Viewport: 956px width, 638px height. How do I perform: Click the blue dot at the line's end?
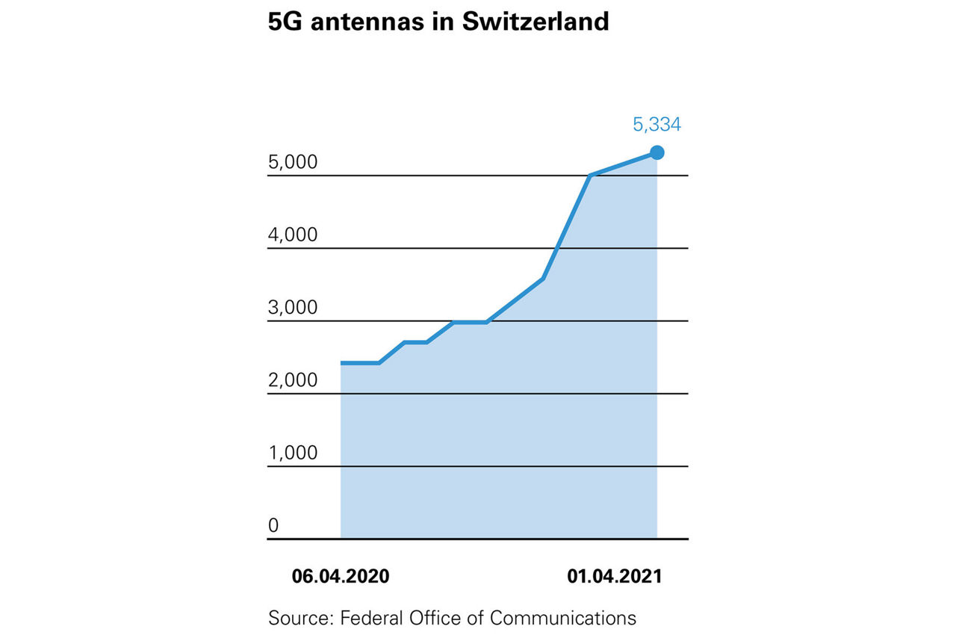pos(657,152)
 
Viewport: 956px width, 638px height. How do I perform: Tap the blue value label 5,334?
pos(657,125)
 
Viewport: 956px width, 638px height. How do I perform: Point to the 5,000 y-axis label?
pos(293,162)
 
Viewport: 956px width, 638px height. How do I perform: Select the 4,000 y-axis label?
pos(293,235)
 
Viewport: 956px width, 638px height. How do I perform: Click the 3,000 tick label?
pos(293,308)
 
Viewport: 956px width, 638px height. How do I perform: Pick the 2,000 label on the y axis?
pos(293,380)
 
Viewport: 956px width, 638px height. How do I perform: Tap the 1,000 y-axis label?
pos(293,453)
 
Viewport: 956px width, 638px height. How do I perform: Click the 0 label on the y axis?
pos(273,525)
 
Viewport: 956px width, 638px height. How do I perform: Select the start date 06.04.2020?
pos(341,577)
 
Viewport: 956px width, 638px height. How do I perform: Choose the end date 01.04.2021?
pos(614,577)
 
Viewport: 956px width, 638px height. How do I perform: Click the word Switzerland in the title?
pos(536,22)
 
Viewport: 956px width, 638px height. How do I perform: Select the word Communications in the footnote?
pos(563,618)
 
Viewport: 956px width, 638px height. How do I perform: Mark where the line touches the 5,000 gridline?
pos(590,176)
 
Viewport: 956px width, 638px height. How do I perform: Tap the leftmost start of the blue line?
pos(341,363)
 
